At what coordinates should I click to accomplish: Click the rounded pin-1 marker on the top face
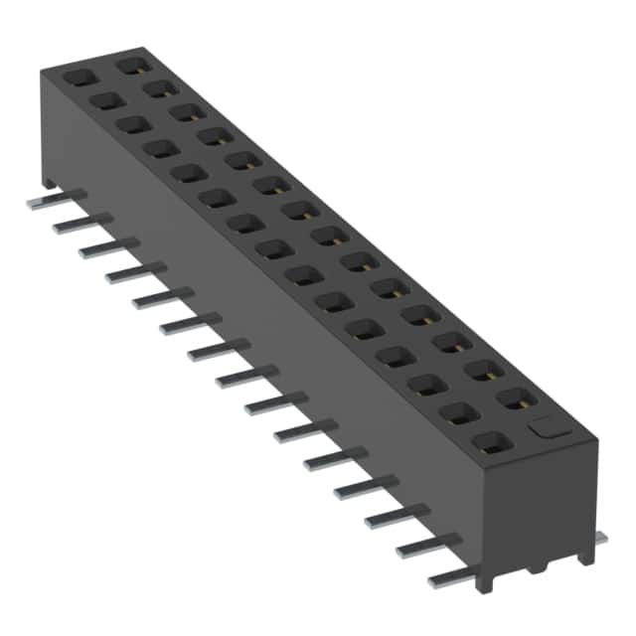click(545, 428)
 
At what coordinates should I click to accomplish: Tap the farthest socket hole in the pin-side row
click(78, 76)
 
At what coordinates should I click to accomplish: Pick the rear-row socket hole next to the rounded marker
click(516, 398)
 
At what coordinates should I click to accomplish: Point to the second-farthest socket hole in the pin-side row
click(105, 100)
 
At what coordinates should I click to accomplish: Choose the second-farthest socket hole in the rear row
click(157, 88)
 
